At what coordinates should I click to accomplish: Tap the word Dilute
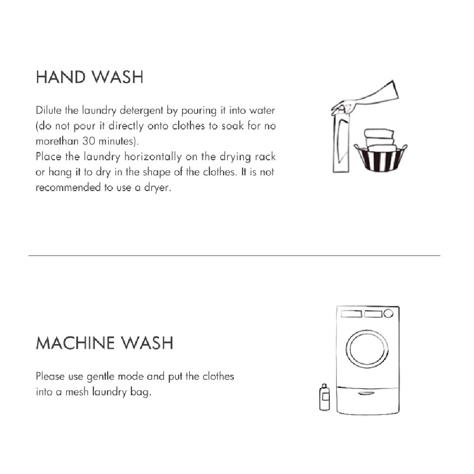48,111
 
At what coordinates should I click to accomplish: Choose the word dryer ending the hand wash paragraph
156,188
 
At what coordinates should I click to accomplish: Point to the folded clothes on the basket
379,137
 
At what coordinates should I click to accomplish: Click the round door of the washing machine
367,348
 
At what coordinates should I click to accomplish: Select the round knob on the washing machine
388,313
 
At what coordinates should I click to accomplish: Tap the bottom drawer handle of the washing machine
367,393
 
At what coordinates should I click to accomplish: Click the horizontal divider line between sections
234,256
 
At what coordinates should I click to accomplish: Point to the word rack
265,157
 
